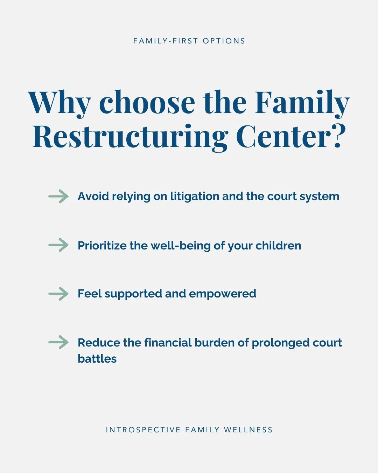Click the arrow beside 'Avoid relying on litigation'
click(58, 196)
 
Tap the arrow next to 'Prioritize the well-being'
click(58, 245)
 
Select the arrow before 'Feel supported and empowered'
click(58, 294)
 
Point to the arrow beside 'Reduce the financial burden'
click(58, 342)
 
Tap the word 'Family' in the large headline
click(302, 103)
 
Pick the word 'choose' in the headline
click(147, 103)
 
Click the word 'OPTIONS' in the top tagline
click(224, 41)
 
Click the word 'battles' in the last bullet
click(97, 359)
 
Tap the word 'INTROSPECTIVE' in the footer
click(143, 430)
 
